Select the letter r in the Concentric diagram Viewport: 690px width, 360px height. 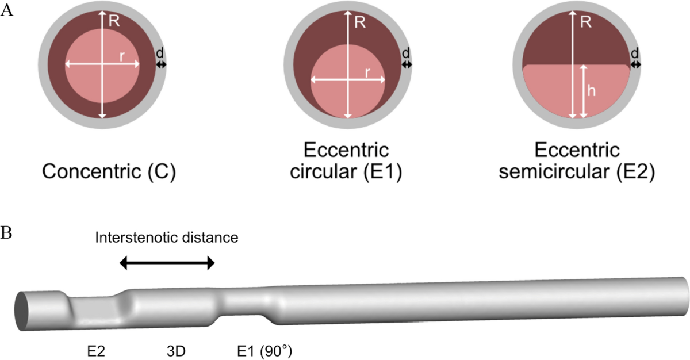point(122,56)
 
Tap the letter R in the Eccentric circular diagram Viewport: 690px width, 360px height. point(360,23)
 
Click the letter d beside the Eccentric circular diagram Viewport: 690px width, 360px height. point(407,53)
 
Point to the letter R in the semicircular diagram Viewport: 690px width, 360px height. point(584,23)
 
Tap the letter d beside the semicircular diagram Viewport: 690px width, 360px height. point(635,53)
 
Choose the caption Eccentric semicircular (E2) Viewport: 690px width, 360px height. point(577,162)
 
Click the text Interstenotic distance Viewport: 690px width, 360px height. point(166,237)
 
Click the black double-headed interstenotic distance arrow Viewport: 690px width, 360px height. point(167,263)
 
